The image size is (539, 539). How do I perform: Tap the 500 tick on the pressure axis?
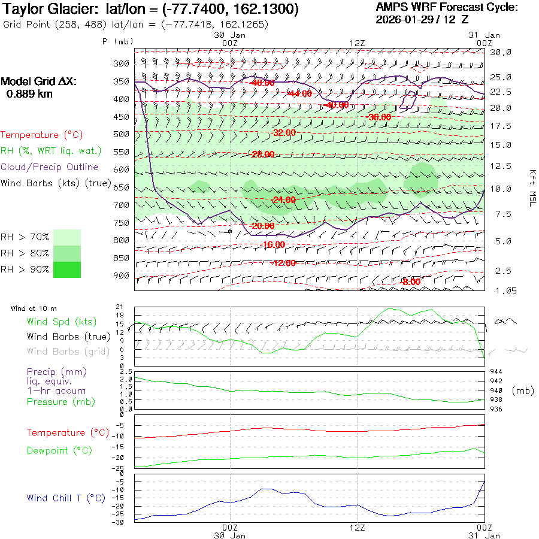(122, 134)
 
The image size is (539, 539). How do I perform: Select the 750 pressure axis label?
(122, 223)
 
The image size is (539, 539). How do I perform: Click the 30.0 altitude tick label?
(501, 52)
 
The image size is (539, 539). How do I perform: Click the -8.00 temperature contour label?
(411, 282)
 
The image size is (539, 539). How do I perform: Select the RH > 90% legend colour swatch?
(67, 269)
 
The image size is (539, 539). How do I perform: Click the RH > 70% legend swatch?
(67, 237)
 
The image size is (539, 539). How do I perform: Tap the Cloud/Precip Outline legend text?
(49, 167)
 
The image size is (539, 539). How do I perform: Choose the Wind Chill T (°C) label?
(65, 498)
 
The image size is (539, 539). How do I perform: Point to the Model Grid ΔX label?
(39, 81)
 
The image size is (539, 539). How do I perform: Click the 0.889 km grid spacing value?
(29, 94)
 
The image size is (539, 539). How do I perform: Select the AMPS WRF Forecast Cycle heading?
(446, 7)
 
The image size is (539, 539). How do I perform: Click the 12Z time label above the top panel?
(357, 43)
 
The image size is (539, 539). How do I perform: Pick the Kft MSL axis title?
(531, 187)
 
